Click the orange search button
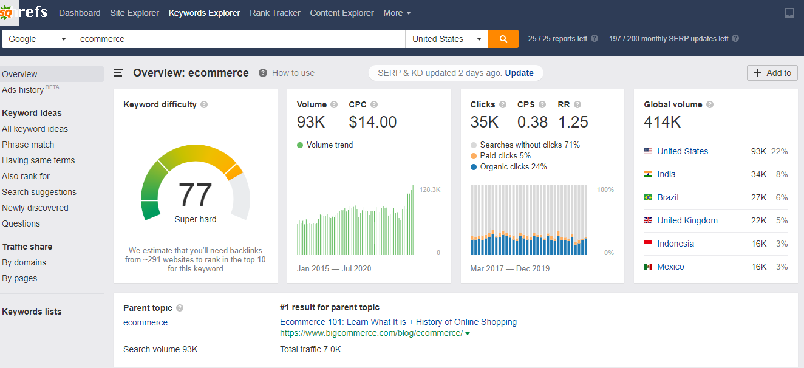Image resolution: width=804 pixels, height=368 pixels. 503,39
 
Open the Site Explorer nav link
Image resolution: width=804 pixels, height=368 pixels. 134,13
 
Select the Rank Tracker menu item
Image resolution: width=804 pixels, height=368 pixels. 274,13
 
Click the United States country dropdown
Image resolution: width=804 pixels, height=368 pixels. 446,39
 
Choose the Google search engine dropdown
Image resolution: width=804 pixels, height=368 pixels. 37,39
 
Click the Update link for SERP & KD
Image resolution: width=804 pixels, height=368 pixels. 519,73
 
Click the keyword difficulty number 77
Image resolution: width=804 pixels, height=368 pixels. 195,195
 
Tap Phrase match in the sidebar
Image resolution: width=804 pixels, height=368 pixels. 28,145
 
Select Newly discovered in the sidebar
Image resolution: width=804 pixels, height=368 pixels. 35,208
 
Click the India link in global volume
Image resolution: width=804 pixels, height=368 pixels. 666,174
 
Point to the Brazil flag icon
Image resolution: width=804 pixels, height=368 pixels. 649,197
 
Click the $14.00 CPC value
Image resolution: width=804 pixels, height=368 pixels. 372,122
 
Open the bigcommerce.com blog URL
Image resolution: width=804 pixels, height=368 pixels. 371,333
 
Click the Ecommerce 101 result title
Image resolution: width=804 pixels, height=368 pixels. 398,322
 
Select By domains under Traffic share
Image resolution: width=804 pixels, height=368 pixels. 24,262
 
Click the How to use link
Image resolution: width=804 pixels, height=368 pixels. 293,73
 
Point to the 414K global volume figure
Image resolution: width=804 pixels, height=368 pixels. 663,122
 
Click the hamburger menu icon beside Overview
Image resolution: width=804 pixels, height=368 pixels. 118,73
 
